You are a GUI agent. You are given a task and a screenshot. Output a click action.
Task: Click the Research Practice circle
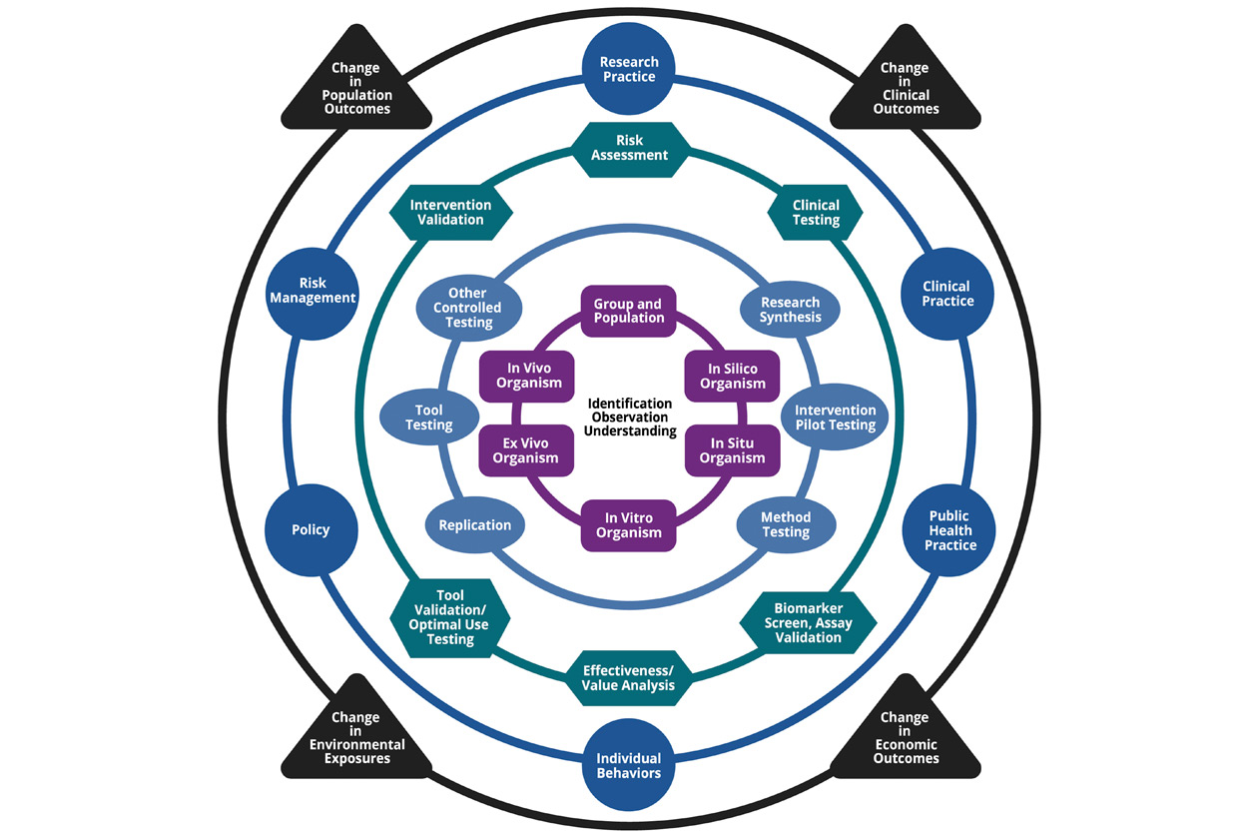628,69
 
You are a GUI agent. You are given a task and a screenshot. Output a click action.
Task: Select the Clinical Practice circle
947,293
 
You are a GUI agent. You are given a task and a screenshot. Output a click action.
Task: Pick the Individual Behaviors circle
628,765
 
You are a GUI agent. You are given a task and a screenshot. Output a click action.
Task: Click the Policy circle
311,529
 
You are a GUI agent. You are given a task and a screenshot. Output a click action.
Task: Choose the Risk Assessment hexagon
629,149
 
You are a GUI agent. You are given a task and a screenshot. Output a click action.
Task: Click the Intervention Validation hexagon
449,212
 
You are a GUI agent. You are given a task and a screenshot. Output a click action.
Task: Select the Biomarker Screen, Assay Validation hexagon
807,621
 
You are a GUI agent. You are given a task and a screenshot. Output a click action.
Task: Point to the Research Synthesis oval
790,310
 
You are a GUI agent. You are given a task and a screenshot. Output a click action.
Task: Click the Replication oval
475,525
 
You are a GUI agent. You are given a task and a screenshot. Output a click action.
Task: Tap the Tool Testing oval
429,417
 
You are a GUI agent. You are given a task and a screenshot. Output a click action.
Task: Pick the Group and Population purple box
628,311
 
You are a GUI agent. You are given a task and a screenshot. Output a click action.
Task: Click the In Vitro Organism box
628,525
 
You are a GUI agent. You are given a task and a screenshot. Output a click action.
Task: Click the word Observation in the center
629,417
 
